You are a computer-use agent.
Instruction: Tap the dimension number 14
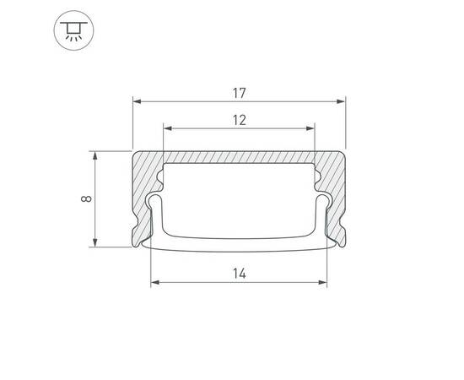pos(239,273)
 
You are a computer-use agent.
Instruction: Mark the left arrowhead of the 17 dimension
pos(138,100)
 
